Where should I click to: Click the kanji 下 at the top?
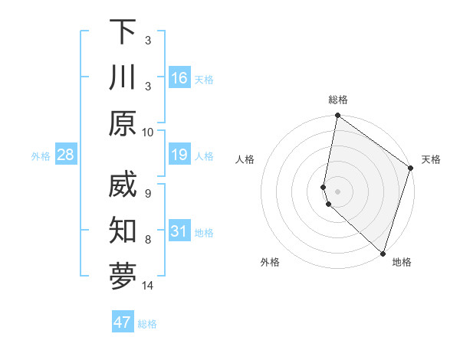point(123,32)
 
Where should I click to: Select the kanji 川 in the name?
point(123,78)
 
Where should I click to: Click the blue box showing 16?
point(179,78)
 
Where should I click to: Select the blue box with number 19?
point(179,155)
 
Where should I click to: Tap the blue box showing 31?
point(179,232)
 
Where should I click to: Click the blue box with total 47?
point(123,322)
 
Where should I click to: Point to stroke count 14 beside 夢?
point(148,286)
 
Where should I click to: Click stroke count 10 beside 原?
point(148,132)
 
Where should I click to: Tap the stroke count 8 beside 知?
point(148,240)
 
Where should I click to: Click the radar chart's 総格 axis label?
point(338,100)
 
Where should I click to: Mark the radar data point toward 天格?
point(410,169)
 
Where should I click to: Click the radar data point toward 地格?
point(381,253)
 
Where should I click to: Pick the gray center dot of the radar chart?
point(338,191)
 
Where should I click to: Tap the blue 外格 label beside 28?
point(41,156)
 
